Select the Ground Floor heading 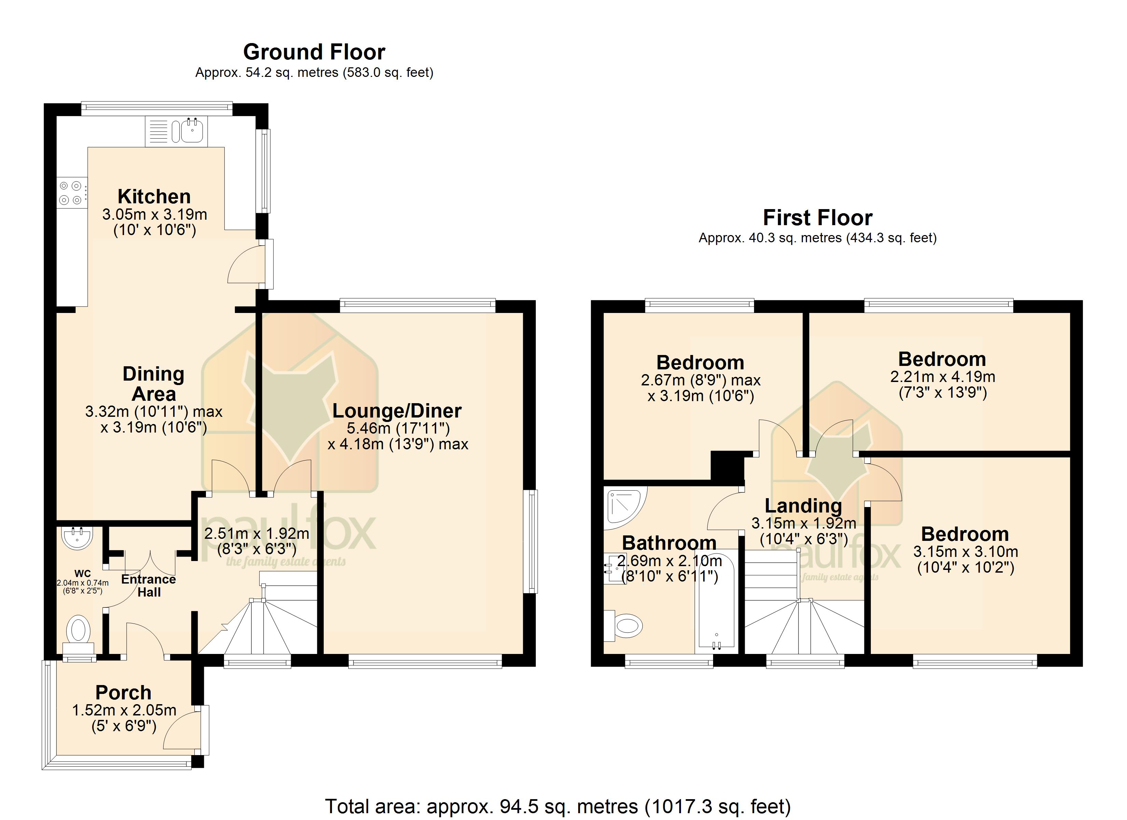pos(314,52)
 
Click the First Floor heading pos(818,217)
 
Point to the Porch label pos(123,692)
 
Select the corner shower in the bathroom pos(625,508)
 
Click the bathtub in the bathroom pos(716,602)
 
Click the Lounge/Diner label pos(396,411)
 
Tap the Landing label pos(803,505)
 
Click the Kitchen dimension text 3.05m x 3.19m pos(155,214)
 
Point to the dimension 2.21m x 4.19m pos(943,377)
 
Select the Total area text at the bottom pos(558,806)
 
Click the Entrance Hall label pos(149,585)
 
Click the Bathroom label pos(669,543)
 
